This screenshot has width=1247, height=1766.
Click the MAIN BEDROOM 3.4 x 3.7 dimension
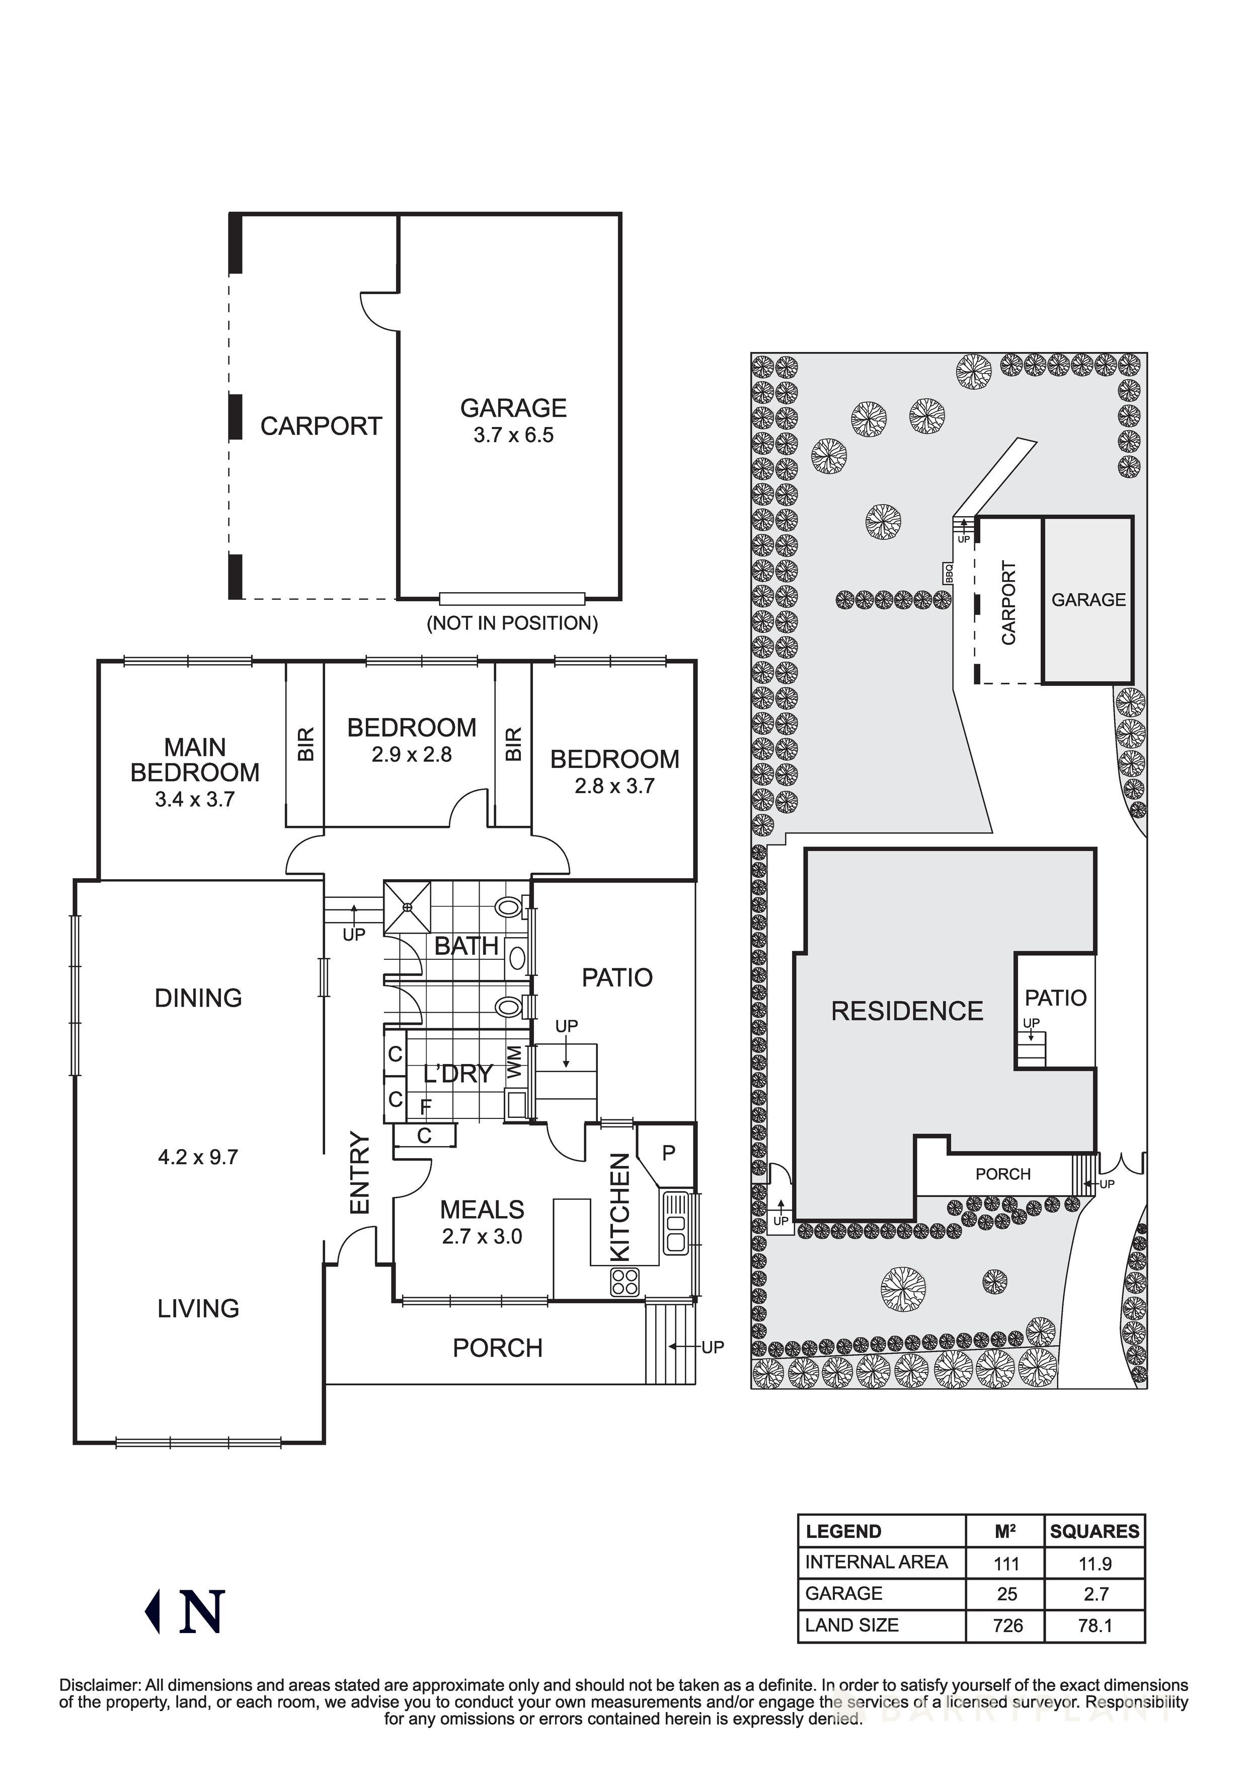195,800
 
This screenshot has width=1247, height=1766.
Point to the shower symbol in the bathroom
408,907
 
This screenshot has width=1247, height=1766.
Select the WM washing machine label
514,1062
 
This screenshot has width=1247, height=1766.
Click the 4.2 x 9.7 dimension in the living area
198,1157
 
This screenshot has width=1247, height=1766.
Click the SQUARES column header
1094,1531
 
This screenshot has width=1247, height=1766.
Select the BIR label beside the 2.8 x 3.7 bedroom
514,744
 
